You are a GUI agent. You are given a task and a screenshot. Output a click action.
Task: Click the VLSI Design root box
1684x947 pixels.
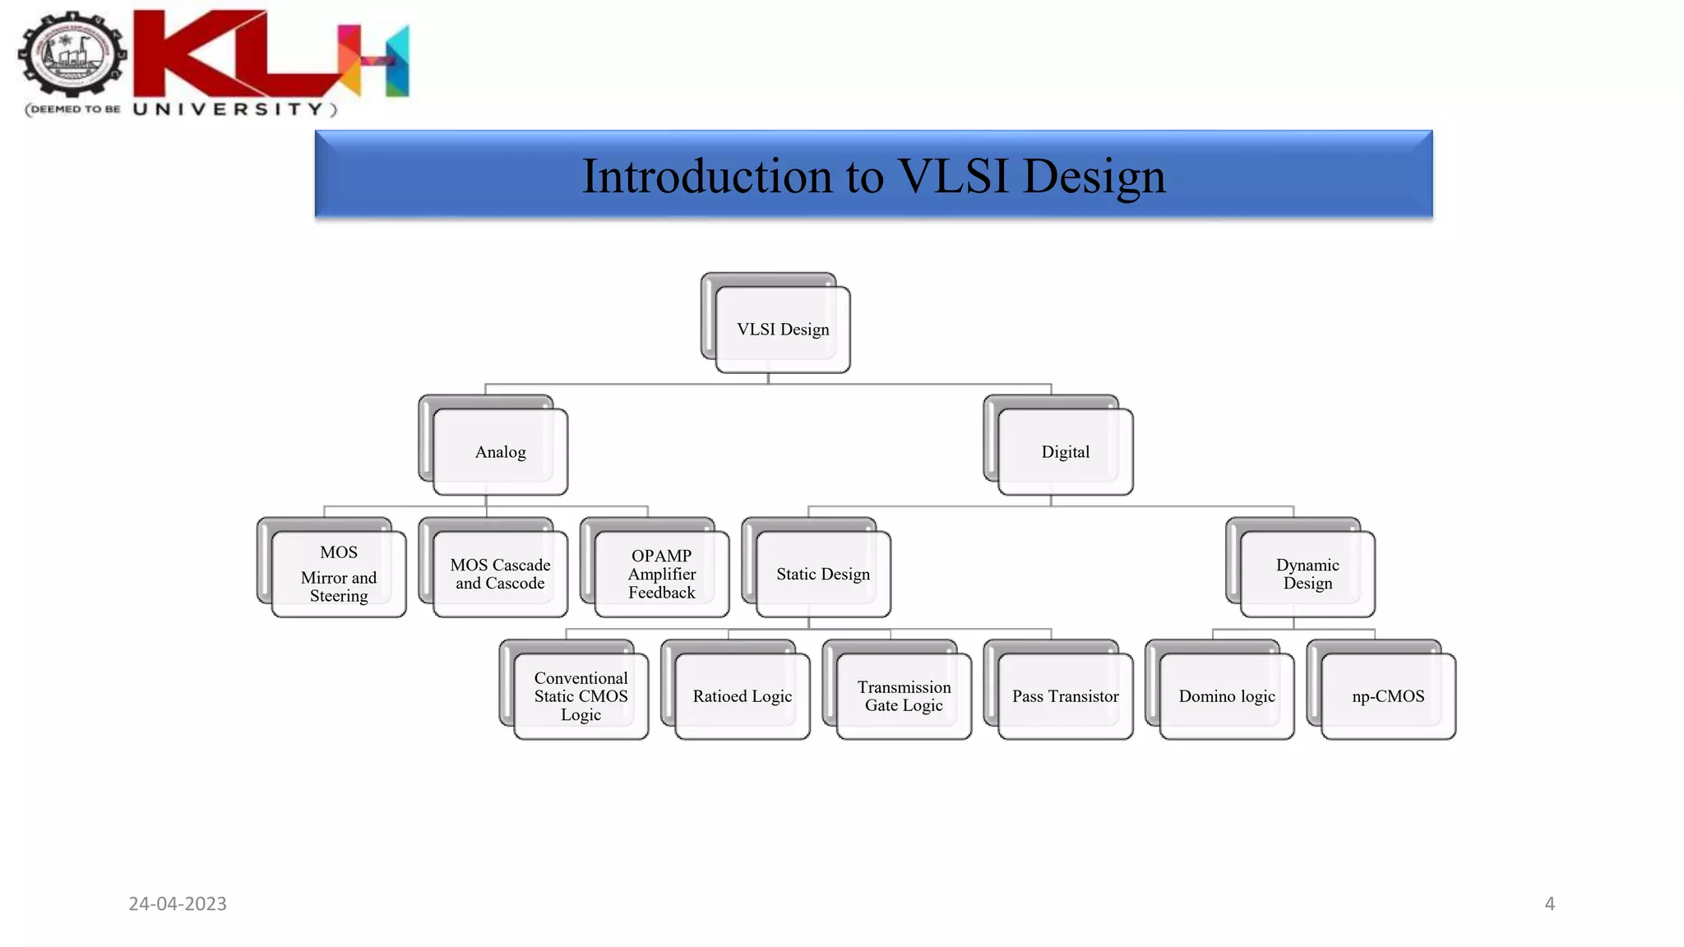click(x=782, y=329)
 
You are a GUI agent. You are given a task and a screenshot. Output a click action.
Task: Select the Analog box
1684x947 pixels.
click(x=500, y=451)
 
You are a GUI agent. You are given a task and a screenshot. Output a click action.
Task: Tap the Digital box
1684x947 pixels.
click(x=1065, y=451)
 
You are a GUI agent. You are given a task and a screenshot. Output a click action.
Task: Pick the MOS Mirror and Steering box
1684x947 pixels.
click(x=339, y=574)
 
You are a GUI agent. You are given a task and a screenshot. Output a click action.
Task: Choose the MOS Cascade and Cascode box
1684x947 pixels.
click(x=500, y=574)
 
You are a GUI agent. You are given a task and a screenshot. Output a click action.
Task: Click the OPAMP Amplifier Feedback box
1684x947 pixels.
click(x=661, y=574)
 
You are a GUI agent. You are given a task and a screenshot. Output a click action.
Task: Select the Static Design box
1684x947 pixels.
click(x=822, y=574)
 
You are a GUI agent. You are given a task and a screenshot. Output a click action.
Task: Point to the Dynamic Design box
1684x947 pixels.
click(x=1307, y=574)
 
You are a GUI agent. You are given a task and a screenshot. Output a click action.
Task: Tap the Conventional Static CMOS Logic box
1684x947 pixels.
click(x=581, y=696)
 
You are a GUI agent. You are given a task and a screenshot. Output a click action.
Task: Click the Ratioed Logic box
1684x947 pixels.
click(x=742, y=696)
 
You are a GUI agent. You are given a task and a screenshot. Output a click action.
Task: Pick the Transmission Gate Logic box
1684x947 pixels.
click(x=904, y=696)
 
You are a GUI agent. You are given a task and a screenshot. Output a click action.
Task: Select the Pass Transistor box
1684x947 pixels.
click(x=1065, y=696)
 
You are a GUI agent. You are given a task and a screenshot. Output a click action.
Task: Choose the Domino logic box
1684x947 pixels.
click(x=1227, y=696)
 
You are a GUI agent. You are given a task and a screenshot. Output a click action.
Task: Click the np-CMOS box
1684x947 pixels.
click(x=1388, y=696)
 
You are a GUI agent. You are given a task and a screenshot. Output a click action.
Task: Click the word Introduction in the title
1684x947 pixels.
click(x=707, y=176)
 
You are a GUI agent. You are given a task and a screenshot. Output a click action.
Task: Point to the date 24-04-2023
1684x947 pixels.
click(x=178, y=903)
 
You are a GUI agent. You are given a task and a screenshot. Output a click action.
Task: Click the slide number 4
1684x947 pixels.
click(x=1549, y=903)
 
